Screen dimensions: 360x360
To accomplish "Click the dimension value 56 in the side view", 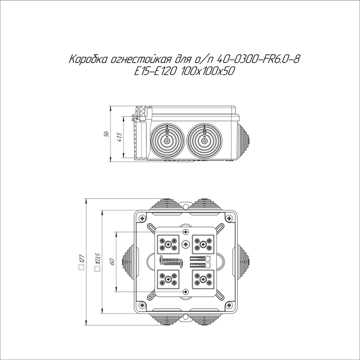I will pyautogui.click(x=107, y=134).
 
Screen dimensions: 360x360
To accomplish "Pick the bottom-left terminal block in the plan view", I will pyautogui.click(x=168, y=279).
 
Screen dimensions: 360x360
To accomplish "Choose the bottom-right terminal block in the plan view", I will pyautogui.click(x=204, y=279).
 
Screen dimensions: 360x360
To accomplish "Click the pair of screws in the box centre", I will pyautogui.click(x=171, y=262).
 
